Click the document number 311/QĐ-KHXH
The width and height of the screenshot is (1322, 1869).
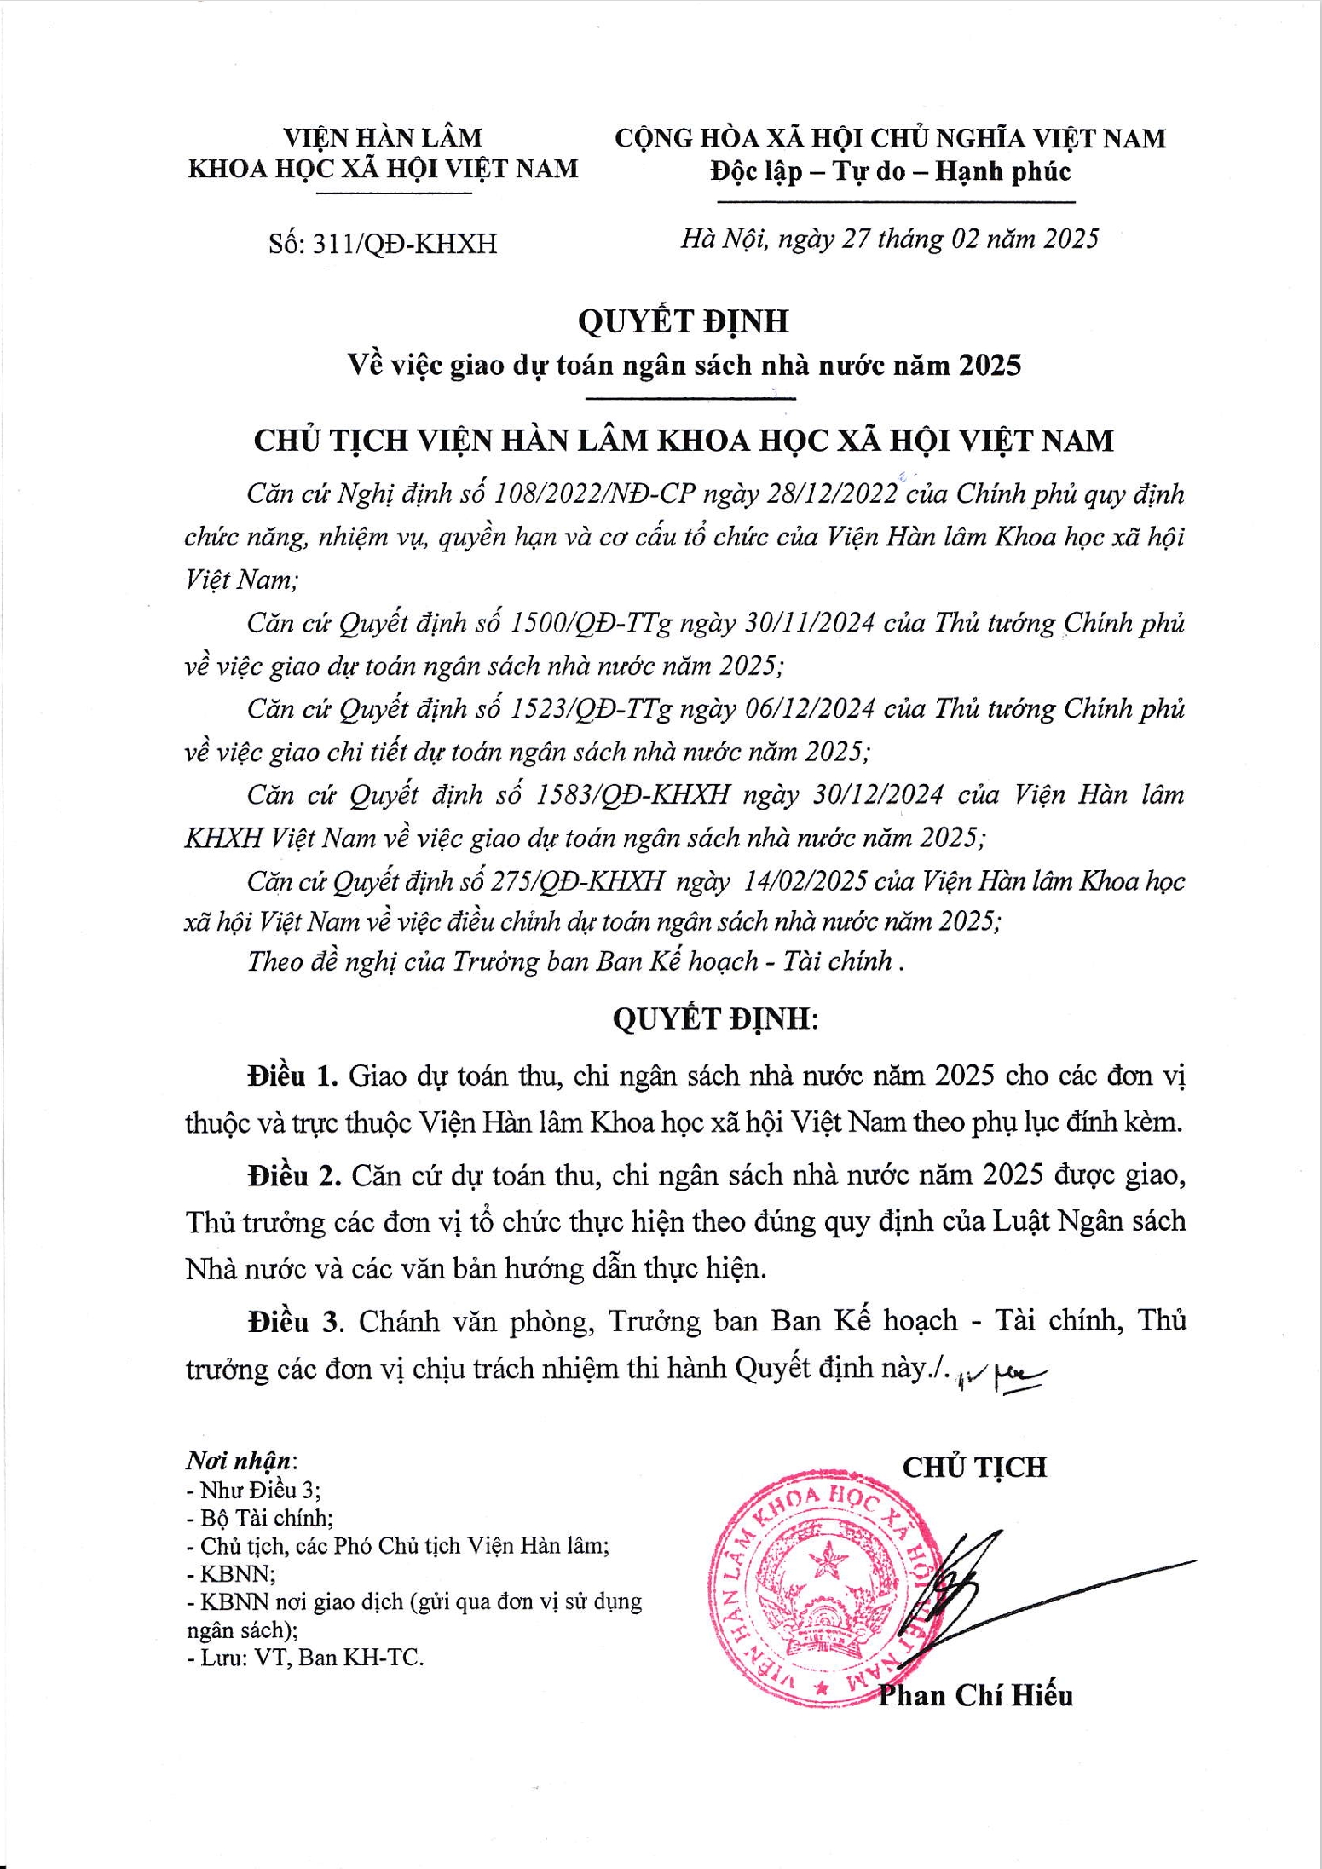(405, 245)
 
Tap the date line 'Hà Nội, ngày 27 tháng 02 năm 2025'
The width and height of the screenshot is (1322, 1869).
(889, 239)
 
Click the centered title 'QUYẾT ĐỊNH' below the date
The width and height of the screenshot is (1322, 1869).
(683, 320)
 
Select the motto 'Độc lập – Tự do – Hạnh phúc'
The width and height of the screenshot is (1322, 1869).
(890, 172)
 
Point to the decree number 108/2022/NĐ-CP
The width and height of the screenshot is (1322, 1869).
(601, 494)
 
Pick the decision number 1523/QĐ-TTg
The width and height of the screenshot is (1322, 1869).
(590, 709)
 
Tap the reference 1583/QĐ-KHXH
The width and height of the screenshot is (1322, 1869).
(632, 795)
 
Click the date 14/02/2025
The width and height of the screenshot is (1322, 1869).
(805, 880)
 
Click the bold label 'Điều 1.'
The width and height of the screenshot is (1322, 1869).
(293, 1076)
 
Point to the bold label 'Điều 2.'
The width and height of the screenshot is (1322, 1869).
(294, 1176)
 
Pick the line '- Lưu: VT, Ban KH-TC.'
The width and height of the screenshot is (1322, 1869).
(304, 1658)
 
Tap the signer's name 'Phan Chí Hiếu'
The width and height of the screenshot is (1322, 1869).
(975, 1695)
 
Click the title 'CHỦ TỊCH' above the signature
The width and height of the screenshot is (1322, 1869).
(974, 1467)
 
